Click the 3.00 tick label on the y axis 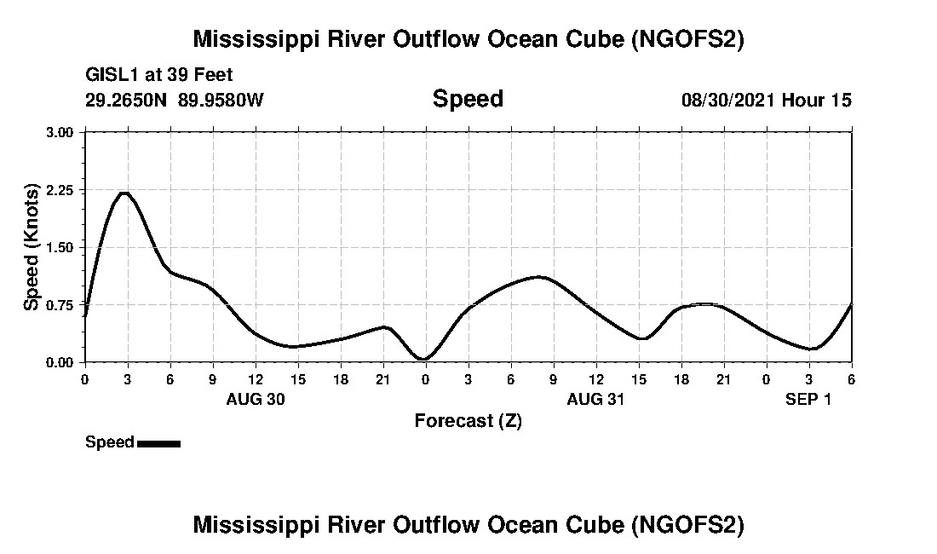tap(61, 132)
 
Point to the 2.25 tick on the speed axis tap(61, 190)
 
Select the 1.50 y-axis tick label tap(61, 247)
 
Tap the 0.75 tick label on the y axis tap(61, 305)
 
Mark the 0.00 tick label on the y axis tap(61, 362)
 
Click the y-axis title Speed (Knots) tap(32, 246)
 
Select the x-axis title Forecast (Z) tap(468, 420)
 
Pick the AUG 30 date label tap(256, 399)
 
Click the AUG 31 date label tap(596, 399)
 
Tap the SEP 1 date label tap(808, 399)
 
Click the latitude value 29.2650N tap(127, 100)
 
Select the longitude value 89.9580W tap(221, 100)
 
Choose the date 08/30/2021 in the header tap(728, 100)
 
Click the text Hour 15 tap(818, 100)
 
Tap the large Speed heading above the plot tap(468, 99)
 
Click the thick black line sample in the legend tap(158, 443)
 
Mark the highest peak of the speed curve tap(124, 193)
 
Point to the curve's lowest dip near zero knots tap(424, 359)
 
